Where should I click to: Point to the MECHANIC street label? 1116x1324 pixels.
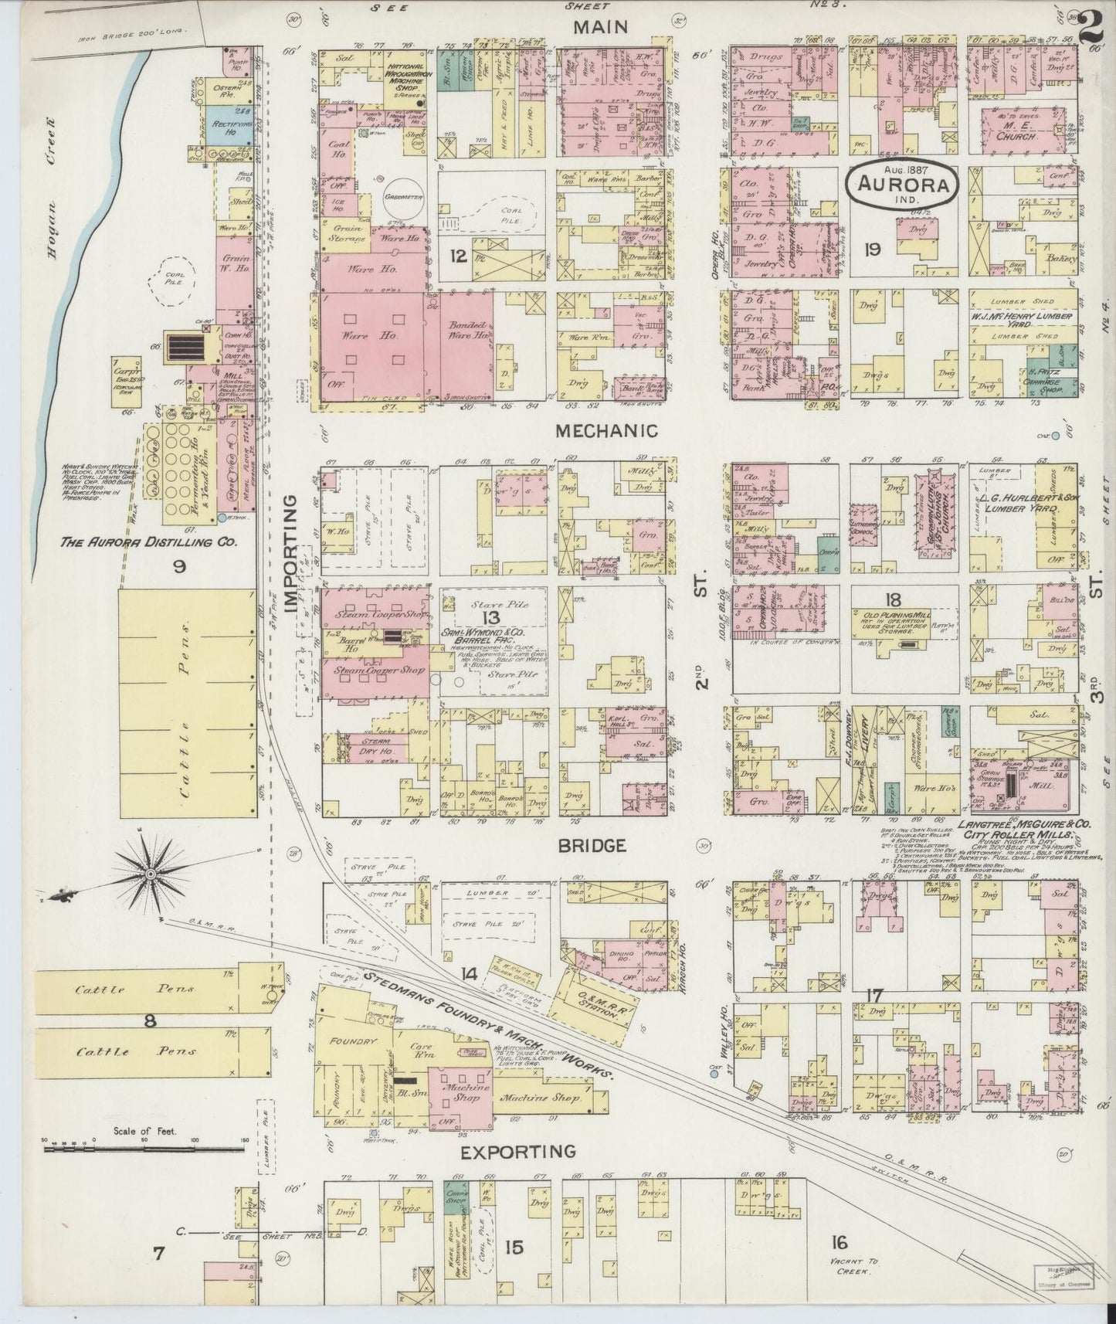coord(607,431)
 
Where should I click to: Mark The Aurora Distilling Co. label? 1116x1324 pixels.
coord(148,543)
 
